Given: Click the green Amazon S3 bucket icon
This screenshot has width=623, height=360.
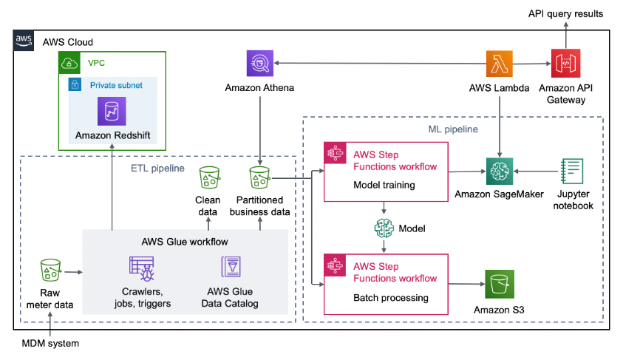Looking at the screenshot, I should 499,285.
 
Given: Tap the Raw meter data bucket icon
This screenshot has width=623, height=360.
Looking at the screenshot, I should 50,271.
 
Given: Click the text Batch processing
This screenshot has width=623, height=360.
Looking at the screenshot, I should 391,297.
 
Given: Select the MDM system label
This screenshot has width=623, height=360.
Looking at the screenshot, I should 50,344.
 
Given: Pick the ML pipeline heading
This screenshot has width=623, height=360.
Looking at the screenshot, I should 452,129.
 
